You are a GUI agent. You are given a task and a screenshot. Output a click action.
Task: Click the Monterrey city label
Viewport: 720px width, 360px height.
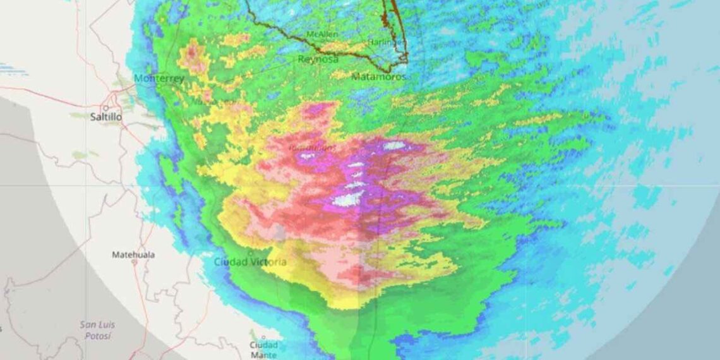click(x=159, y=79)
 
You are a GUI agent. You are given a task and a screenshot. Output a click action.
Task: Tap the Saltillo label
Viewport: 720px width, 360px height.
click(x=105, y=117)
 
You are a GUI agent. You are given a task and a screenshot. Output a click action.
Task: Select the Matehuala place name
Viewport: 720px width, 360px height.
click(x=133, y=255)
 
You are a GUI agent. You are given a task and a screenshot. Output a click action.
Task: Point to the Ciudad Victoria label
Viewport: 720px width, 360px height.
click(x=249, y=261)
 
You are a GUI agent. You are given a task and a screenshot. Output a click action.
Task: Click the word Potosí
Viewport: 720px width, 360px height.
click(x=98, y=335)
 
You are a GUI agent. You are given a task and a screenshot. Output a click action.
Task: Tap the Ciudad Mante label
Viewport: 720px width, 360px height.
click(x=263, y=350)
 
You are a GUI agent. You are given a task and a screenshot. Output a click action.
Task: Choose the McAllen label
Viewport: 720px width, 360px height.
click(x=321, y=34)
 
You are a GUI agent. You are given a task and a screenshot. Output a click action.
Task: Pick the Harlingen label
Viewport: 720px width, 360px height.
click(x=387, y=42)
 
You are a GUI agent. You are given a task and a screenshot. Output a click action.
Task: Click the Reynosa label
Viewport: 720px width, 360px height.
click(x=318, y=59)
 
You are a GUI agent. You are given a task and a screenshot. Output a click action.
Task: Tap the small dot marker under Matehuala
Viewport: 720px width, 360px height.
click(x=134, y=262)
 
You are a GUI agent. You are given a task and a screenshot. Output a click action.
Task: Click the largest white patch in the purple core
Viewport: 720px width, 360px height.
click(x=345, y=200)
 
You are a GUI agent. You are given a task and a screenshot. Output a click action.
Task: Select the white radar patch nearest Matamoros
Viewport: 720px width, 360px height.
click(x=393, y=145)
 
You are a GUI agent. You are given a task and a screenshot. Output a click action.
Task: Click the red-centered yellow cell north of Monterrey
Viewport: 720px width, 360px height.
click(x=192, y=57)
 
